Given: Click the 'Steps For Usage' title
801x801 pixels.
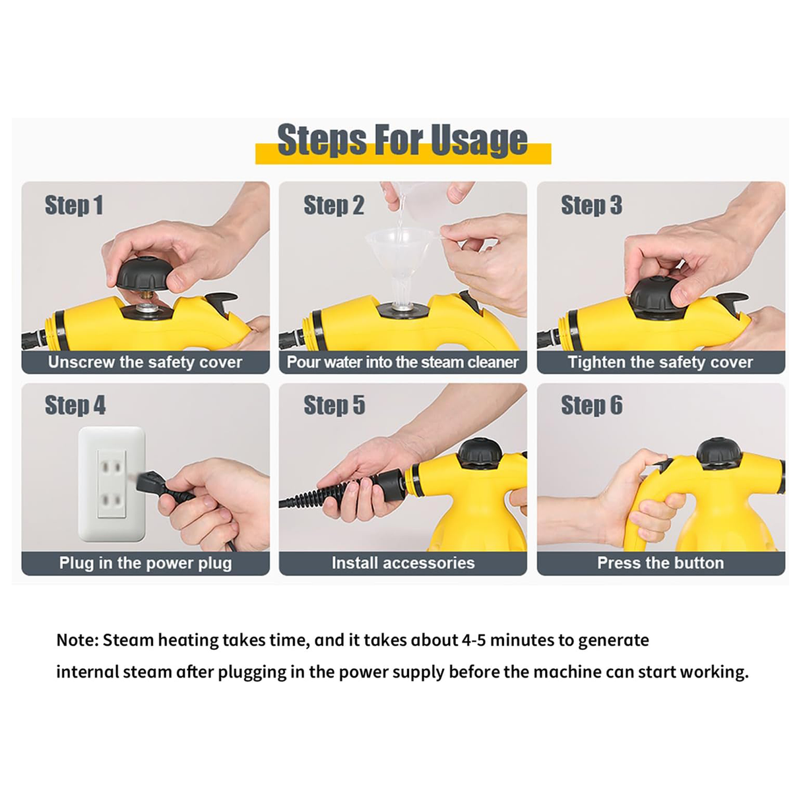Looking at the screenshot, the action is coord(402,140).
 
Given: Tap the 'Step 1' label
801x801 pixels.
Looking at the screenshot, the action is coord(74,205).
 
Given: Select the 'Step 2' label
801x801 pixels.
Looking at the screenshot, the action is coord(334,205).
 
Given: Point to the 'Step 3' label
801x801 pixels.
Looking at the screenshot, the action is coord(591,205).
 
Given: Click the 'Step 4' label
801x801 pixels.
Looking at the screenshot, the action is coord(75,405).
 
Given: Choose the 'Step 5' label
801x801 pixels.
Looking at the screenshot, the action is coord(335,405).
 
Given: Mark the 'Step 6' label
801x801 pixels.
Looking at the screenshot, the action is coord(592,405).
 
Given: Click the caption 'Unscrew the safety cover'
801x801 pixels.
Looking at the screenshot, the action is coord(145,362).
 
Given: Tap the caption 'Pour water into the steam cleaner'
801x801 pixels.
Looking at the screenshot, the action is coord(402,362).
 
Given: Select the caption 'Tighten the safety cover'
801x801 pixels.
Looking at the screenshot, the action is coord(660,362).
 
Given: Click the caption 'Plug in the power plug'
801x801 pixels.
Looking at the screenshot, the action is coord(145,563).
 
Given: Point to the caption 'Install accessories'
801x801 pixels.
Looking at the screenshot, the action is coord(402,563).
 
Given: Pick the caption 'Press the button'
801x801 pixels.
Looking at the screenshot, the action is coord(660,563).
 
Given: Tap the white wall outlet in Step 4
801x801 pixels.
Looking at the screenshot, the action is coord(112,484).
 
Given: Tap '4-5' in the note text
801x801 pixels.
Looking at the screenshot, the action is coord(474,641).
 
